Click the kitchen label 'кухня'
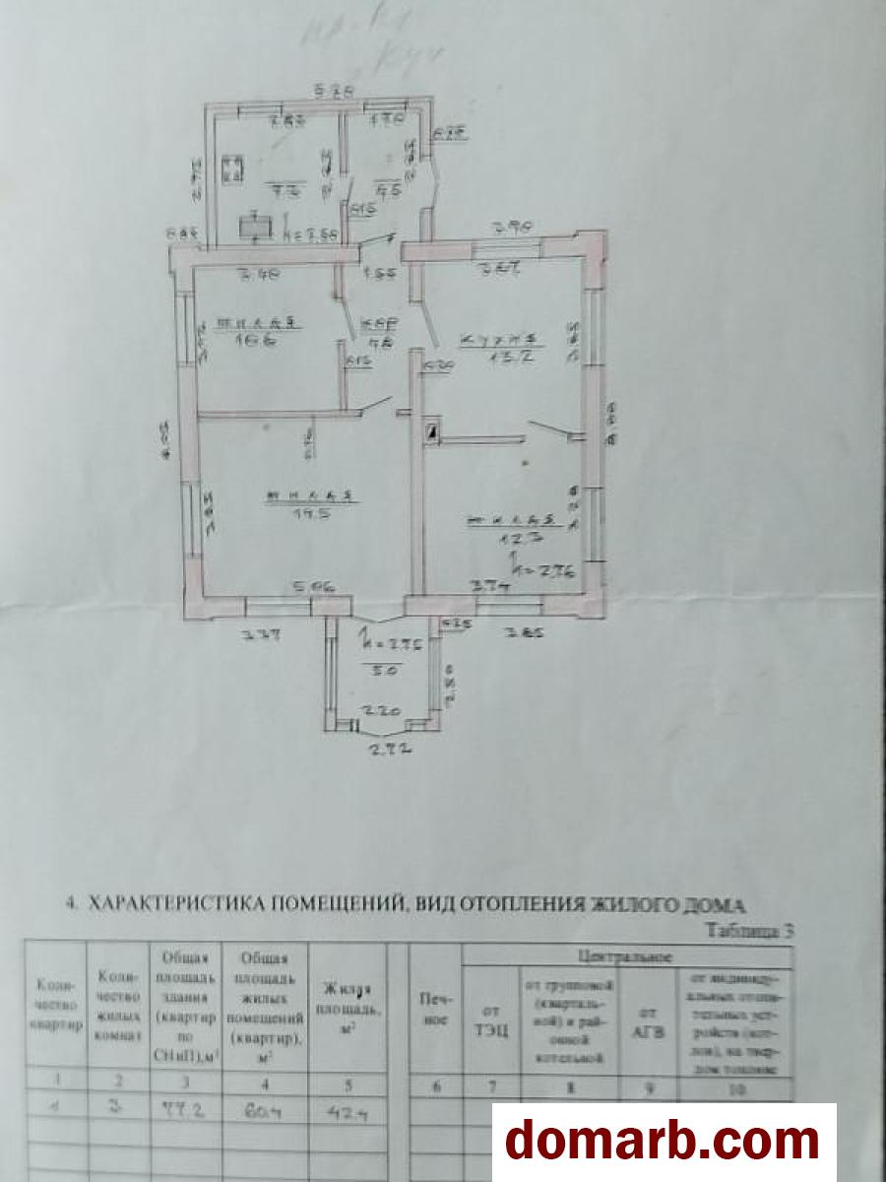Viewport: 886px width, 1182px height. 498,341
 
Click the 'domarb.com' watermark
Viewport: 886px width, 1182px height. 661,1141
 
